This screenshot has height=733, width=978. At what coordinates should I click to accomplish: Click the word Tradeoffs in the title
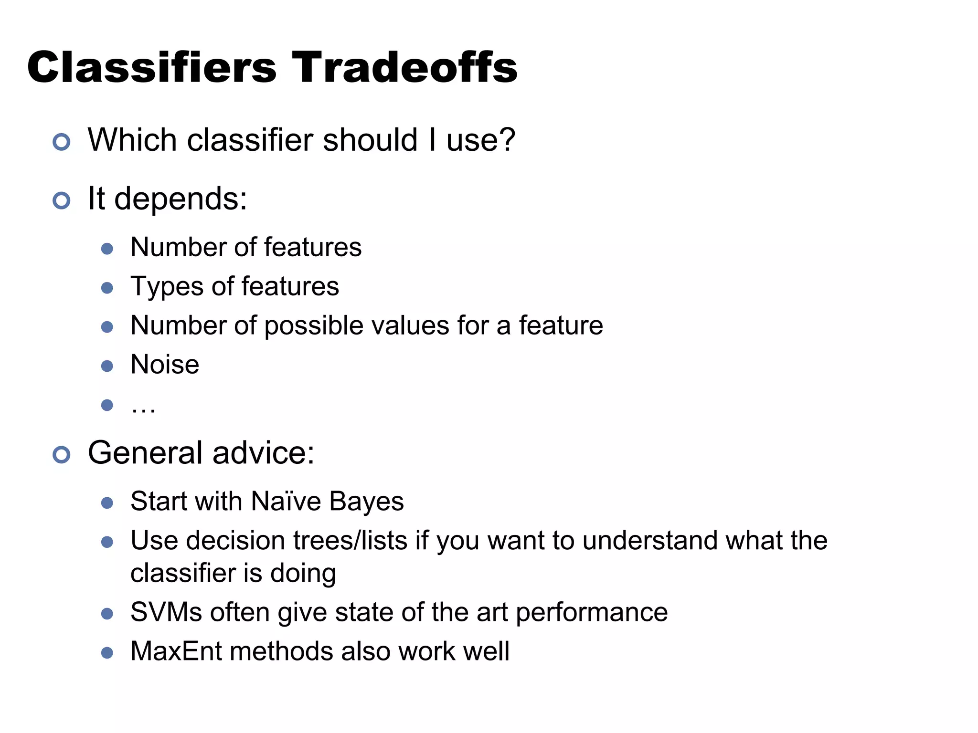point(404,67)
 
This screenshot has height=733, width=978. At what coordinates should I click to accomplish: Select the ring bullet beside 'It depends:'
point(62,200)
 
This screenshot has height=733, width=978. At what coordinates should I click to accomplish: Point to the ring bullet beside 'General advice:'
point(62,455)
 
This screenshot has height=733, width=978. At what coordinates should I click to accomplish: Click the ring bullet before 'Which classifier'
point(62,142)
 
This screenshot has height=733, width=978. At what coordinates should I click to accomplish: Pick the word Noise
point(165,365)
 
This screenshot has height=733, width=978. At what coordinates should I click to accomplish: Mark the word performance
point(592,613)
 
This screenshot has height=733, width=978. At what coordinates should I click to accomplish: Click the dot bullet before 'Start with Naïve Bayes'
point(107,503)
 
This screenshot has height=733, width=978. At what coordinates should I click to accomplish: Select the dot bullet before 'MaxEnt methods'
point(107,653)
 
